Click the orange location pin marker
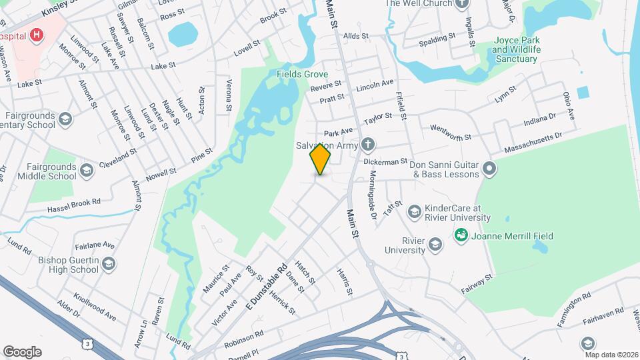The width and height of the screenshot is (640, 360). (320, 159)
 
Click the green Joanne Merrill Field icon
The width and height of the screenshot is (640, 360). (460, 235)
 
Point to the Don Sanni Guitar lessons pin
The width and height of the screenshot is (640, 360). (489, 168)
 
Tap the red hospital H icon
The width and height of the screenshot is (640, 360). (37, 35)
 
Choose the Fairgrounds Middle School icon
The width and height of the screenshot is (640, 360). (86, 171)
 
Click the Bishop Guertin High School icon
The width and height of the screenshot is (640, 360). (109, 265)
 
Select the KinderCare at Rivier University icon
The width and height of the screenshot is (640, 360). (413, 212)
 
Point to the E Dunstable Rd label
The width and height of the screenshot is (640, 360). (265, 285)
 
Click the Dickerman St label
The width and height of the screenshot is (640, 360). (385, 161)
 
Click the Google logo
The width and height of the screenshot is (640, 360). (22, 351)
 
